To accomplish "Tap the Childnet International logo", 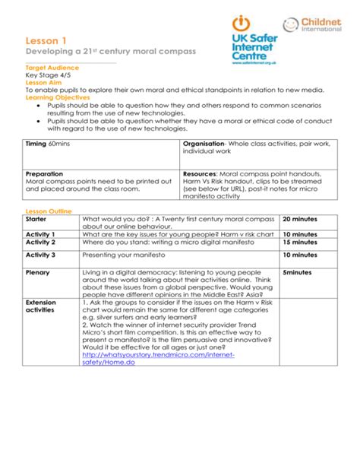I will tap(317, 26).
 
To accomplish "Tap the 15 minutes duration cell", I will tap(301, 242).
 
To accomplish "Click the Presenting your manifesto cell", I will tap(125, 255).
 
